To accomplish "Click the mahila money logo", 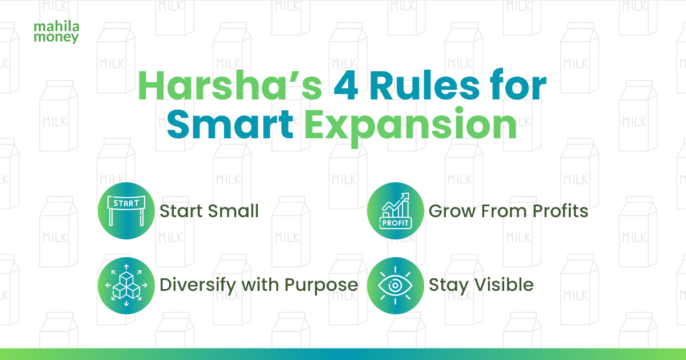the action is [x=57, y=33].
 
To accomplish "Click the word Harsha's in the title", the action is [x=230, y=86].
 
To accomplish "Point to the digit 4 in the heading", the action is [x=346, y=86].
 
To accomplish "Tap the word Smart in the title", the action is [x=230, y=125].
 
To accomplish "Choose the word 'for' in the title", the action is [x=518, y=85].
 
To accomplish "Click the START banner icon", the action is [x=126, y=211].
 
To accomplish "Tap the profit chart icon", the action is [x=396, y=211].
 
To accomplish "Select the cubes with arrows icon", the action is [x=126, y=286].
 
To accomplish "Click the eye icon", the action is [x=396, y=286].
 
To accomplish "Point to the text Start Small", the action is [x=209, y=211].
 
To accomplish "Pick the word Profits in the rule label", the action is [x=560, y=211].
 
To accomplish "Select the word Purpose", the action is [x=321, y=286].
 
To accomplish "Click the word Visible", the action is [x=504, y=285].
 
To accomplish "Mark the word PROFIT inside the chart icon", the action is [x=396, y=223].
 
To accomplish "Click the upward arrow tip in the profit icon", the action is [x=408, y=193].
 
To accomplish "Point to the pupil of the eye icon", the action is [x=395, y=286].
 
